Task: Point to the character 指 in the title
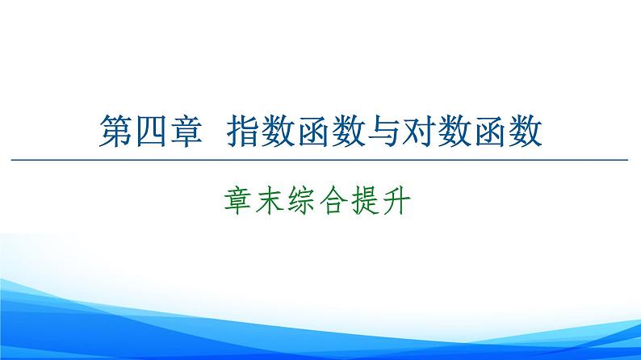click(x=245, y=131)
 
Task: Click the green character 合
click(x=337, y=199)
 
